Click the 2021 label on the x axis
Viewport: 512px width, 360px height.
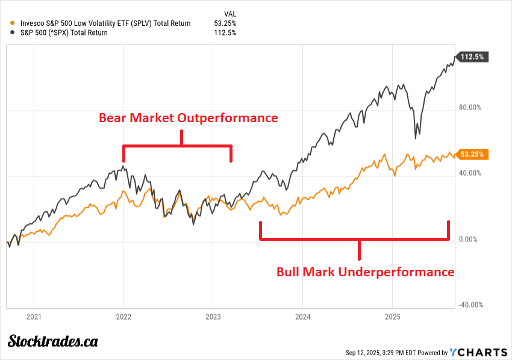coord(34,316)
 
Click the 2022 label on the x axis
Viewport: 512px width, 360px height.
coord(123,316)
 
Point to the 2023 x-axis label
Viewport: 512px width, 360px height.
coord(213,316)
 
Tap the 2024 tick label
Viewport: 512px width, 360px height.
coord(302,316)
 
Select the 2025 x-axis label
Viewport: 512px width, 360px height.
coord(392,316)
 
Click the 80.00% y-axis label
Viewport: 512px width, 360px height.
coord(470,108)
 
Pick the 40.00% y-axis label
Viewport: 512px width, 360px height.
coord(470,173)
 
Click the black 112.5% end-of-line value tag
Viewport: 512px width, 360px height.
coord(473,57)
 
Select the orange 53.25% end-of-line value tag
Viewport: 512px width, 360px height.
coord(473,154)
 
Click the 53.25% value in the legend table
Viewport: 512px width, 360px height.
coord(225,23)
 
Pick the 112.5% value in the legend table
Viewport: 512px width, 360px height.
coord(226,33)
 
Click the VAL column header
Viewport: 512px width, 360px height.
coord(229,12)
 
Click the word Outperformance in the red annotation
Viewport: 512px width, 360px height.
coord(230,118)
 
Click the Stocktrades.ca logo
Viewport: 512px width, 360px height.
coord(53,341)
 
